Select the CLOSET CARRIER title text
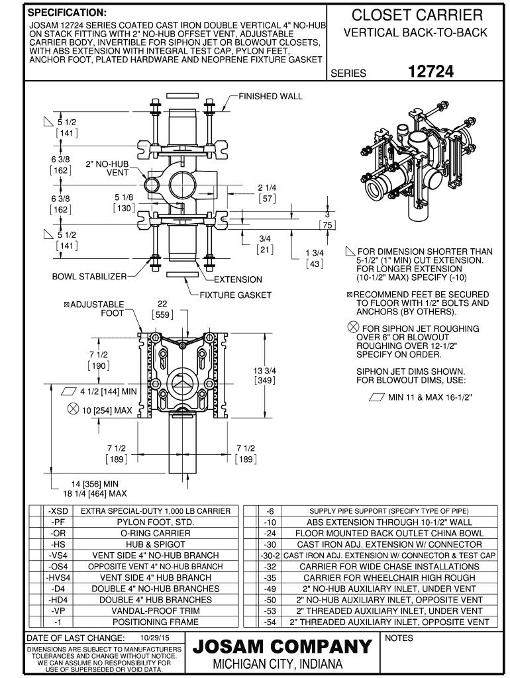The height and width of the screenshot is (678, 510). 417,15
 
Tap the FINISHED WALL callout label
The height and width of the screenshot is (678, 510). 270,96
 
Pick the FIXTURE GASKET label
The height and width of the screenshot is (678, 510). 236,295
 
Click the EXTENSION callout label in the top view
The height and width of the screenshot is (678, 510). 238,279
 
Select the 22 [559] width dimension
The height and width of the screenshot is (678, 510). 162,309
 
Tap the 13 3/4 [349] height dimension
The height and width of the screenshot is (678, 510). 264,375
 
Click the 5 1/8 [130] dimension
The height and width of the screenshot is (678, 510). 124,203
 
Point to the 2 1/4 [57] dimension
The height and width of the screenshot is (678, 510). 266,193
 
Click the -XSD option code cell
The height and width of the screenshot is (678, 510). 56,511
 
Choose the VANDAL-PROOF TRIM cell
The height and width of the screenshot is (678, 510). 156,611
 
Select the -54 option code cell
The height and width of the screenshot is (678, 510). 270,622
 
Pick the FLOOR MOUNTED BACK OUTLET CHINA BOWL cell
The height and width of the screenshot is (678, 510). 389,533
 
